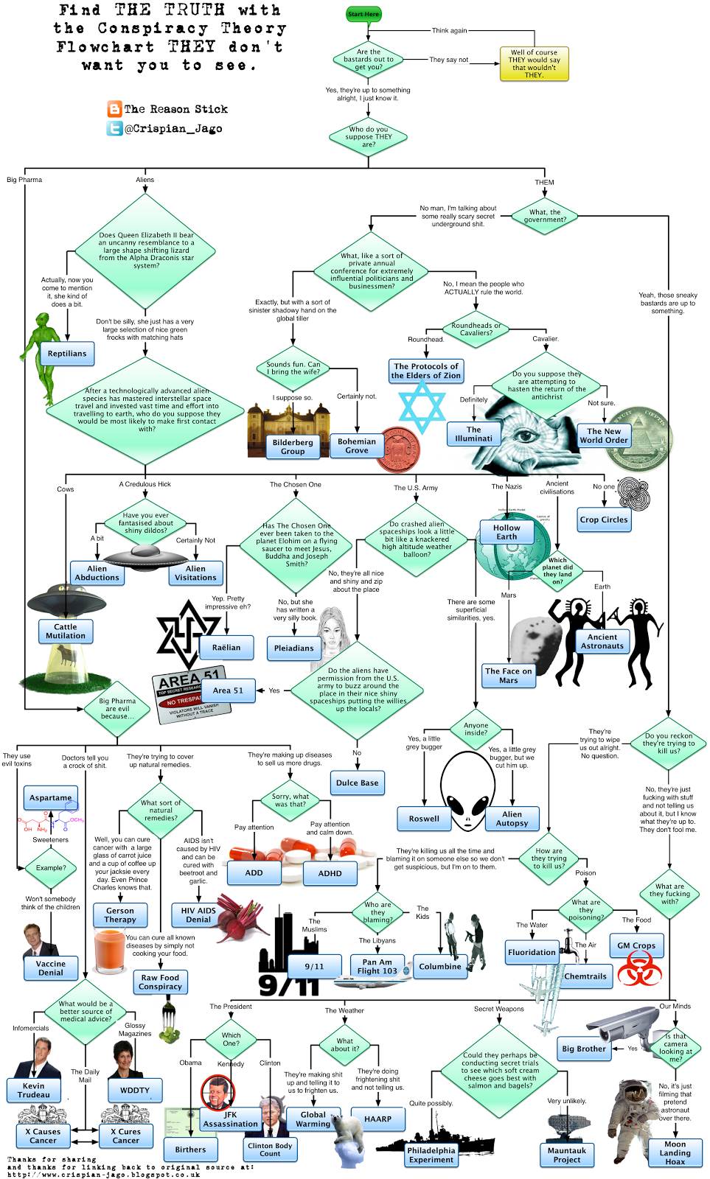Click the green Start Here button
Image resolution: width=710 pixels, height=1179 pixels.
pyautogui.click(x=363, y=14)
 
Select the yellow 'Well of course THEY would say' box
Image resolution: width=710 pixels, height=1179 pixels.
pyautogui.click(x=535, y=63)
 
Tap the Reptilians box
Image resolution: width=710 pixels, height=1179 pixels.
pyautogui.click(x=67, y=354)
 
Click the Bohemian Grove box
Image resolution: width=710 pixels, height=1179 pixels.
pyautogui.click(x=356, y=446)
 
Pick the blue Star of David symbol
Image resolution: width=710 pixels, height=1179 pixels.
pyautogui.click(x=422, y=407)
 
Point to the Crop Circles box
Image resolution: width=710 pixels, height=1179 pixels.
pyautogui.click(x=604, y=519)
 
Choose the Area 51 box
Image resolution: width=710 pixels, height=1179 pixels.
pyautogui.click(x=228, y=690)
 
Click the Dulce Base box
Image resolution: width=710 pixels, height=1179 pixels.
pyautogui.click(x=358, y=783)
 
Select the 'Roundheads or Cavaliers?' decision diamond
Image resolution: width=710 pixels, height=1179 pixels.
pyautogui.click(x=476, y=329)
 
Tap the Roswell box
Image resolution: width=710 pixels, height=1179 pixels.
pyautogui.click(x=424, y=818)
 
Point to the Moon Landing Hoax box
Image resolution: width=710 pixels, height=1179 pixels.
pyautogui.click(x=675, y=1153)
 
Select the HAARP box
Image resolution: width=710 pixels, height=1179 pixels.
pyautogui.click(x=378, y=1119)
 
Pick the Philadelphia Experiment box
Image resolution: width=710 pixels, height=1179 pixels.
pyautogui.click(x=431, y=1155)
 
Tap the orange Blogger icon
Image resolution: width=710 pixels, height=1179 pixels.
pyautogui.click(x=114, y=109)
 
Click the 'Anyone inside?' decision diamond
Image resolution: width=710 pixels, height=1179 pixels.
pyautogui.click(x=476, y=729)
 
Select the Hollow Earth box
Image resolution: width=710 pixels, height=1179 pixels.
pyautogui.click(x=507, y=532)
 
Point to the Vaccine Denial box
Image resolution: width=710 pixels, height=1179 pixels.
pyautogui.click(x=51, y=968)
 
